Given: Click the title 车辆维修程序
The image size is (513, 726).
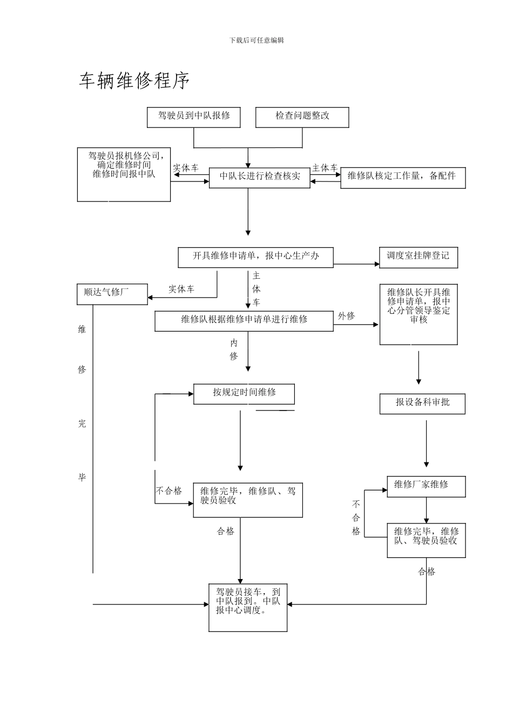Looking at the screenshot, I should click(x=134, y=81).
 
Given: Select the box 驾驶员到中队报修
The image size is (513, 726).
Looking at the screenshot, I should click(x=193, y=117).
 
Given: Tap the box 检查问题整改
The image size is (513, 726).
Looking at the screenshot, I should click(x=302, y=117).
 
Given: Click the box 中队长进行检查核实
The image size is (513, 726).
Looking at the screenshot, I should click(x=259, y=177).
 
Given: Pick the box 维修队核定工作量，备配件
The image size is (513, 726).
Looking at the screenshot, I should click(x=402, y=177).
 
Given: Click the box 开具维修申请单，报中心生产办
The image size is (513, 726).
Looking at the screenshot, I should click(x=255, y=257).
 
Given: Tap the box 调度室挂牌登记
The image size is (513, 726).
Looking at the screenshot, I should click(x=418, y=257).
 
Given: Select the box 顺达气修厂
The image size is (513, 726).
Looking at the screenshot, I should click(x=112, y=293).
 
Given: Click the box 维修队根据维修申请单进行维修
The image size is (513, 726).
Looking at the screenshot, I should click(x=244, y=320).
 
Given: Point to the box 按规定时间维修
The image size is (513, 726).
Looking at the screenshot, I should click(x=244, y=393).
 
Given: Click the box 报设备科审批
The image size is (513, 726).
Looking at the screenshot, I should click(x=422, y=404).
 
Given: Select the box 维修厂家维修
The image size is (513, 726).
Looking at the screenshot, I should click(x=426, y=486).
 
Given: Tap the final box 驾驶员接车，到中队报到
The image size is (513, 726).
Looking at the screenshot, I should click(x=248, y=607).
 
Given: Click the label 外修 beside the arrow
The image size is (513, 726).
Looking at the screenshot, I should click(x=346, y=316).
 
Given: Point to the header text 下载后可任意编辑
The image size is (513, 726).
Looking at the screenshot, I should click(x=256, y=41).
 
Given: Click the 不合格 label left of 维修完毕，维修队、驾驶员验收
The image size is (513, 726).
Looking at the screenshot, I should click(x=169, y=491).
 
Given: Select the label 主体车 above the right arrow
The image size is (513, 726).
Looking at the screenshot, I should click(x=325, y=168).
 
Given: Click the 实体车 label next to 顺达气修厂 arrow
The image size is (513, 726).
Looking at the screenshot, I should click(x=181, y=289).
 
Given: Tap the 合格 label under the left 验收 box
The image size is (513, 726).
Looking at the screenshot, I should click(x=226, y=532).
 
